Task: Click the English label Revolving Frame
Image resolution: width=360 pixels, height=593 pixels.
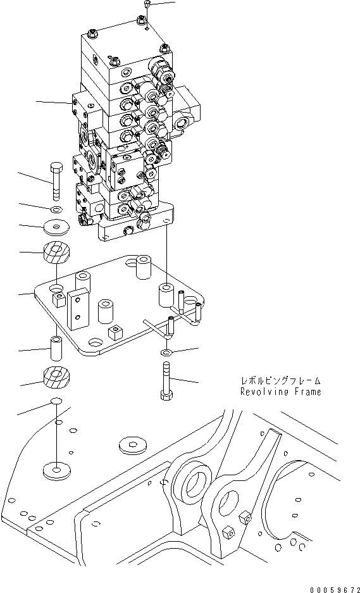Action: (280, 392)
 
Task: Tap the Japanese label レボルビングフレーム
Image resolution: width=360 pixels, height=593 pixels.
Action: (280, 381)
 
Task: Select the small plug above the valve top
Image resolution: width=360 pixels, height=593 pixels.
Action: (146, 4)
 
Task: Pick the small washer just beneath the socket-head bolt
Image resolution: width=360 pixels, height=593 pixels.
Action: (56, 209)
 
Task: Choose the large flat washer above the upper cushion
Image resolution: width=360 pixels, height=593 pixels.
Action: (56, 226)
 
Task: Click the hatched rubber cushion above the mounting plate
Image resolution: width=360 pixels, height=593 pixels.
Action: (56, 254)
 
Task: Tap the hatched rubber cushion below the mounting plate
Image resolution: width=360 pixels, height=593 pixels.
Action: (56, 378)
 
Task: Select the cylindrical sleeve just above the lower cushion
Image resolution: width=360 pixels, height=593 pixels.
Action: (56, 347)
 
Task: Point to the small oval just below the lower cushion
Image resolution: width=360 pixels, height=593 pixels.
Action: (56, 401)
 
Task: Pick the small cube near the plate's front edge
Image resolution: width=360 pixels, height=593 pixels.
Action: (115, 332)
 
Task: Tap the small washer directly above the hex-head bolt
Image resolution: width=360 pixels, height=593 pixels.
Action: (166, 351)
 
